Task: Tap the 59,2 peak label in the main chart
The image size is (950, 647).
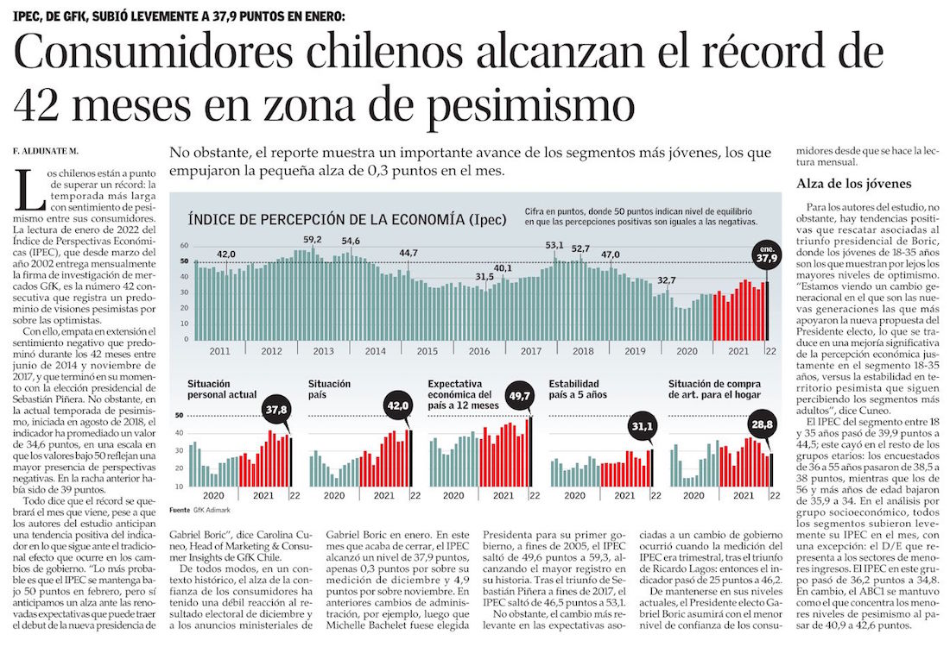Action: click(313, 240)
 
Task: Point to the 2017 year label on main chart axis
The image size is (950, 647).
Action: click(531, 351)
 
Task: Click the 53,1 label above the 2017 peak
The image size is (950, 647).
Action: click(554, 246)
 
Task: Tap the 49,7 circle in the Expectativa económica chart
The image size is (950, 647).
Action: click(523, 395)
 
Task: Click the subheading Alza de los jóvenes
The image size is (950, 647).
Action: click(853, 184)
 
